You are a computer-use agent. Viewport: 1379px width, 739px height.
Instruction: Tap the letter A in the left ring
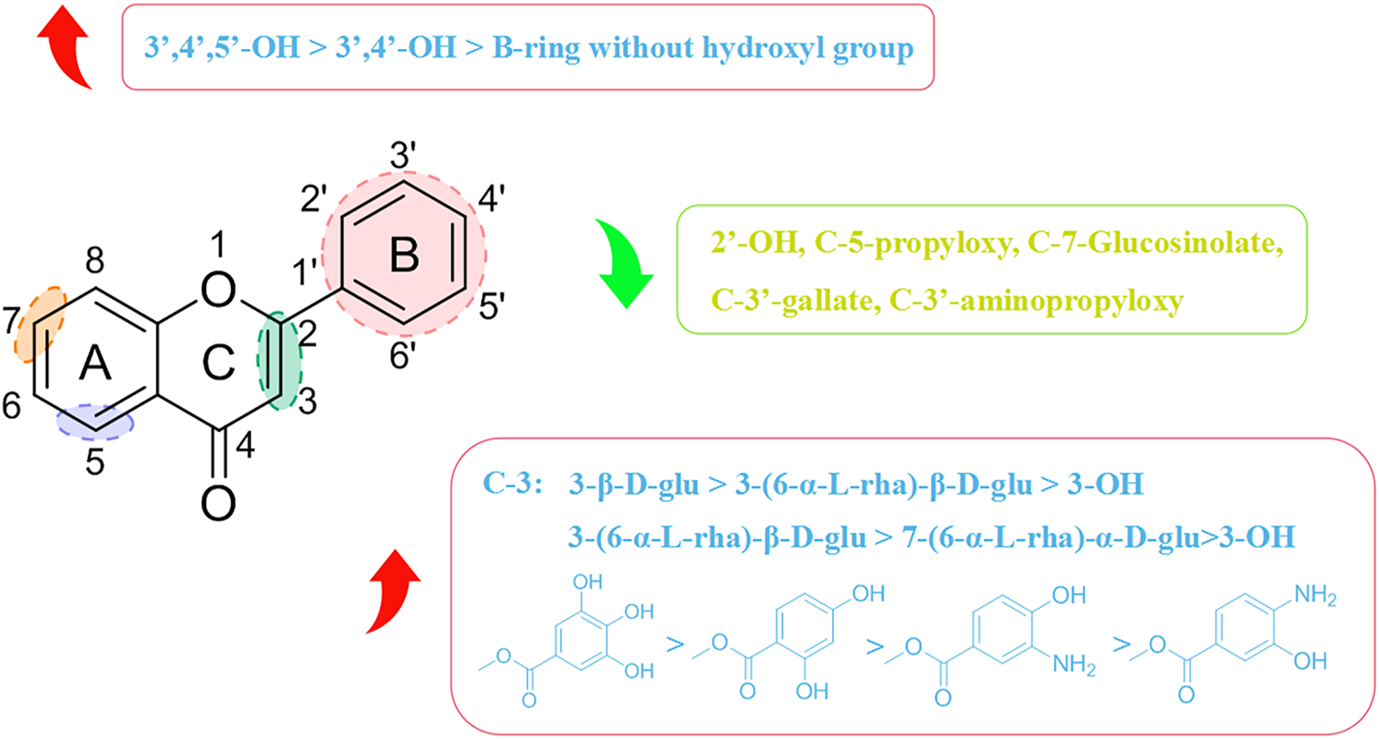click(94, 366)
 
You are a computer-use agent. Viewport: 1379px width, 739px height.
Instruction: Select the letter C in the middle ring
click(216, 366)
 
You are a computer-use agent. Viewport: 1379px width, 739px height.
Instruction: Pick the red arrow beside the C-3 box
click(394, 590)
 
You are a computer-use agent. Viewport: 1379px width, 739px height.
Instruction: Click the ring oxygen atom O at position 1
click(217, 291)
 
